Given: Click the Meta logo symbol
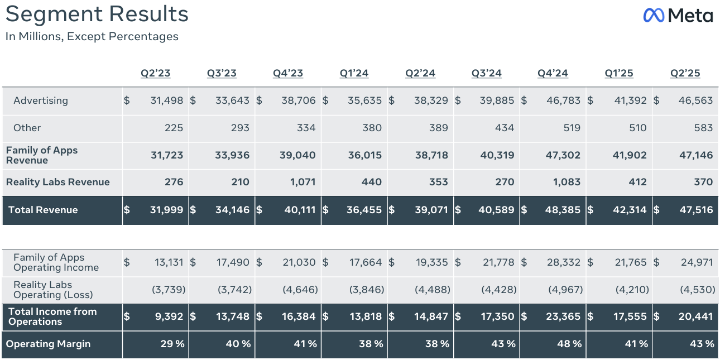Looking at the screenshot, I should [x=654, y=15].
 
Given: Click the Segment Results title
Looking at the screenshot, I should [x=97, y=15].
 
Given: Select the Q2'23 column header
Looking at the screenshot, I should [x=155, y=73].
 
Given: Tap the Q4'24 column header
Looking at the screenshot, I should [x=553, y=73].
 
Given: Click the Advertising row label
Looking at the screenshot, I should [x=41, y=100].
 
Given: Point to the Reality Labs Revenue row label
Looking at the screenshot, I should [x=58, y=182].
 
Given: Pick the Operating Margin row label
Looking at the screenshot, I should [x=48, y=344].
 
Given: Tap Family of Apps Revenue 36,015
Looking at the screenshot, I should [x=365, y=155].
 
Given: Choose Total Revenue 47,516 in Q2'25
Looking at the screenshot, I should [x=695, y=210].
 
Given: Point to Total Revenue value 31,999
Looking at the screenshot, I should [x=167, y=210].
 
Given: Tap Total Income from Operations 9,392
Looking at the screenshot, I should [x=170, y=316].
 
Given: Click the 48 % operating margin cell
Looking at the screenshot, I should [x=570, y=344].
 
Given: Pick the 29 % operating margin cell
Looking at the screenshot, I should [x=172, y=344].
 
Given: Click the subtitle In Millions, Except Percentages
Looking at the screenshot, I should [x=92, y=37].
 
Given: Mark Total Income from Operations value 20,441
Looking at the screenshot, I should [x=695, y=316].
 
